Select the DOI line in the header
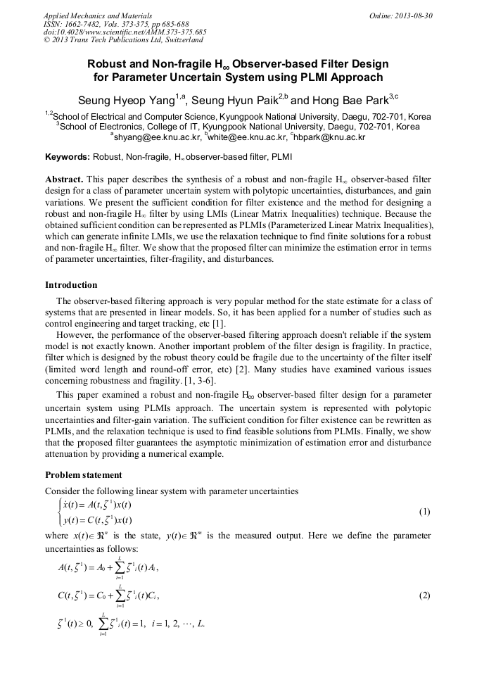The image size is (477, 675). point(125,32)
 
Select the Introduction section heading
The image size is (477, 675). point(71,285)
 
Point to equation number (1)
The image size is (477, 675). point(425,511)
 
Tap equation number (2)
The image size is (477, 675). point(425,595)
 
